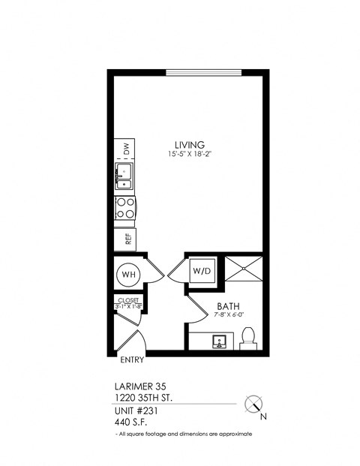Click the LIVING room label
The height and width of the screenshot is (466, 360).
tap(190, 145)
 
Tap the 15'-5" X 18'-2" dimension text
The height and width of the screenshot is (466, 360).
tap(190, 155)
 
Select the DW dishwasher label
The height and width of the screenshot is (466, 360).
tap(127, 150)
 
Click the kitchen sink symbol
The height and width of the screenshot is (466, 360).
tap(124, 178)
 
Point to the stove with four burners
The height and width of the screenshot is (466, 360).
tap(124, 208)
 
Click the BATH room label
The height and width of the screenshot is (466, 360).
tap(228, 306)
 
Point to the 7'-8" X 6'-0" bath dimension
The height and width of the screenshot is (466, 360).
tap(229, 316)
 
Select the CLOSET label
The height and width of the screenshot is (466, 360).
tap(129, 299)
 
